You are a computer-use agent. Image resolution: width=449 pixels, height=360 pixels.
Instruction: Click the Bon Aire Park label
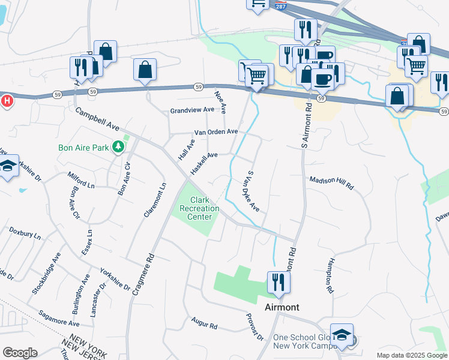pos(83,147)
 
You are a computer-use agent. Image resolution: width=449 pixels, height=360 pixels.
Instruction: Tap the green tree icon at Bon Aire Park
pos(119,146)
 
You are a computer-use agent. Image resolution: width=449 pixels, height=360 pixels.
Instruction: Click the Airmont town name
pos(282,307)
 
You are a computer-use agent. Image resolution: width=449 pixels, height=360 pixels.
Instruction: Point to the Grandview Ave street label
pos(192,110)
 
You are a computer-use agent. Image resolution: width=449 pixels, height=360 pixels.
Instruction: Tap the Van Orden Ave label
pos(215,132)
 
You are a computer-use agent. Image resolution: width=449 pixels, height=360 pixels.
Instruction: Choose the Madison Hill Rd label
pos(331,183)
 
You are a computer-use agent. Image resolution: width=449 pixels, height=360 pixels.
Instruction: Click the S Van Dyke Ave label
pos(253,191)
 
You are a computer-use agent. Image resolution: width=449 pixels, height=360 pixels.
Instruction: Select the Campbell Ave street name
pos(97,119)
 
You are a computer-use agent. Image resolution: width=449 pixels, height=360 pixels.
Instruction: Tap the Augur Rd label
pos(204,325)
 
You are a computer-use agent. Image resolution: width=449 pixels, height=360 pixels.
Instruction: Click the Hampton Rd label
pos(330,276)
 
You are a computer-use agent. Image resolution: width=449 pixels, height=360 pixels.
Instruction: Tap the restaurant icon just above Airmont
pos(278,282)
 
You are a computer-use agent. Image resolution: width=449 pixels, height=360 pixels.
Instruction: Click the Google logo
pos(20,353)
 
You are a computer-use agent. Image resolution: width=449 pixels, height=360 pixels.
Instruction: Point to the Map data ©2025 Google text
pos(412,355)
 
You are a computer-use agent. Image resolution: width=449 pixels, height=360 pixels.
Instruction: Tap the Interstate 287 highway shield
pos(281,5)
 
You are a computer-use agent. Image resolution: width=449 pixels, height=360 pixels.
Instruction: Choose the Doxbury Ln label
pos(25,233)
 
